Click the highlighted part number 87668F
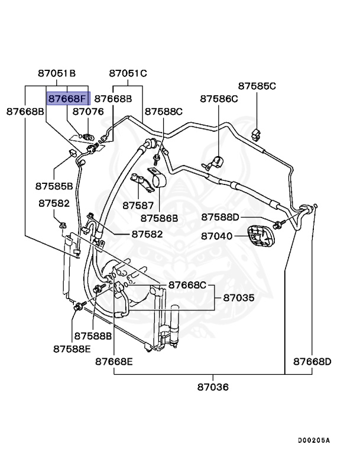[x=67, y=98]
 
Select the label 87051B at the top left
[x=57, y=74]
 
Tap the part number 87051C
[x=128, y=74]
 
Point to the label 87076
[x=88, y=111]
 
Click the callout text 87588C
[x=164, y=111]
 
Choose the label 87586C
[x=219, y=99]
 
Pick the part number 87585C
[x=257, y=86]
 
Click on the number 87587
[x=138, y=206]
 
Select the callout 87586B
[x=158, y=218]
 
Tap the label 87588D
[x=220, y=218]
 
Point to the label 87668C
[x=187, y=285]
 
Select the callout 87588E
[x=72, y=349]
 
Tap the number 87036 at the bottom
[x=213, y=387]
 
